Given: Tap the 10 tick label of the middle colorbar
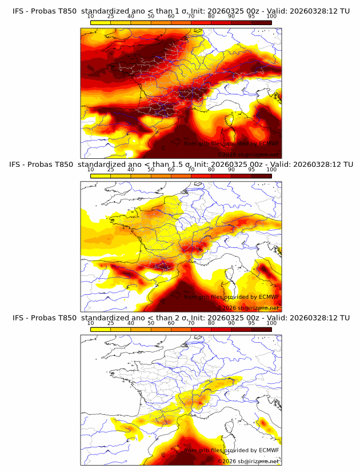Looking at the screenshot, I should coord(90,170).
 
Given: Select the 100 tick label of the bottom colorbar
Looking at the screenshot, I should coord(271,323).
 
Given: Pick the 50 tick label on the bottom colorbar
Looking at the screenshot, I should coord(151,323).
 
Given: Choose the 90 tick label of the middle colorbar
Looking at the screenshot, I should coord(231,170).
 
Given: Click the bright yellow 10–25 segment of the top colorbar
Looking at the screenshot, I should coord(101,23).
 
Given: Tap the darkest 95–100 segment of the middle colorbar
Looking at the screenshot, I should coord(261,175).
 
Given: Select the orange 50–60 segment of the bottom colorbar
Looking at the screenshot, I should coord(161,328).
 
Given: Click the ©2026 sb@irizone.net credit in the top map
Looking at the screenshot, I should coord(248,154).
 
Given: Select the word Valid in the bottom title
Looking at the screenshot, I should coord(281,317).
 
